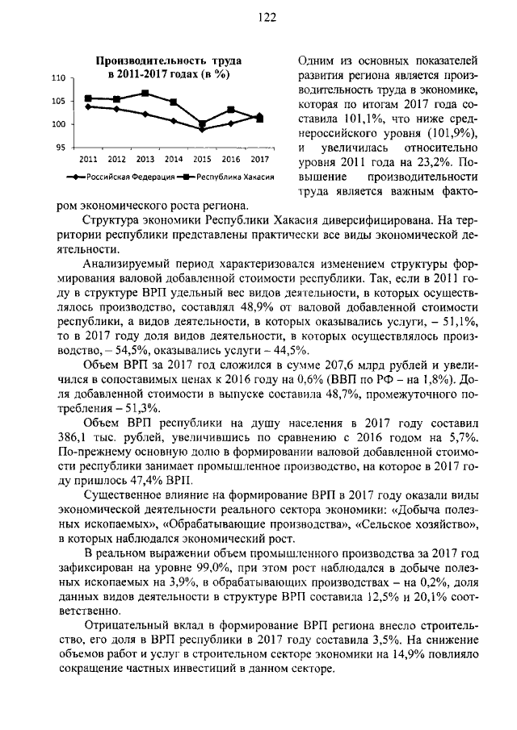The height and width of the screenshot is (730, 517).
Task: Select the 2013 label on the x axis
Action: point(145,159)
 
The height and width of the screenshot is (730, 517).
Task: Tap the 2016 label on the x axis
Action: point(230,159)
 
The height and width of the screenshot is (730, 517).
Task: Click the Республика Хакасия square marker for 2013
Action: point(145,94)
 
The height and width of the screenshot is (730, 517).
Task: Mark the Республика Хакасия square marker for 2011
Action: point(88,98)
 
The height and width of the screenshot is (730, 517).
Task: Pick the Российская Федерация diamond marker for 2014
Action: point(174,121)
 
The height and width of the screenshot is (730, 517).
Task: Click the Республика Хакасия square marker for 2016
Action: point(231,110)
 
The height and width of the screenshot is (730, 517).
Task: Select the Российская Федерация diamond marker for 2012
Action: point(117,109)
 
